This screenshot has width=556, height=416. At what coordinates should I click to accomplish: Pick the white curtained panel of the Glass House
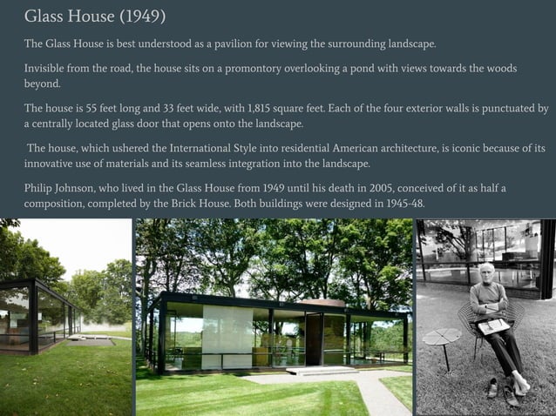click(226, 335)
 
